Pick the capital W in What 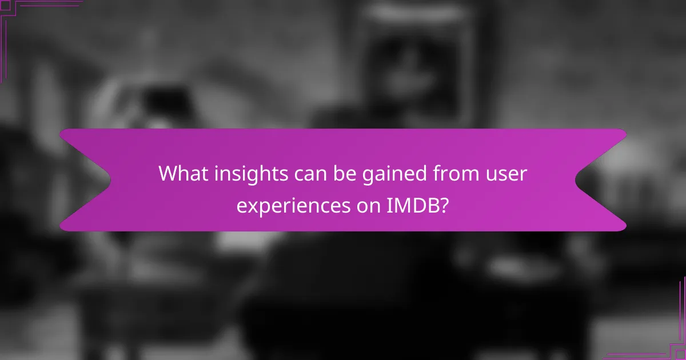pos(169,173)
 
